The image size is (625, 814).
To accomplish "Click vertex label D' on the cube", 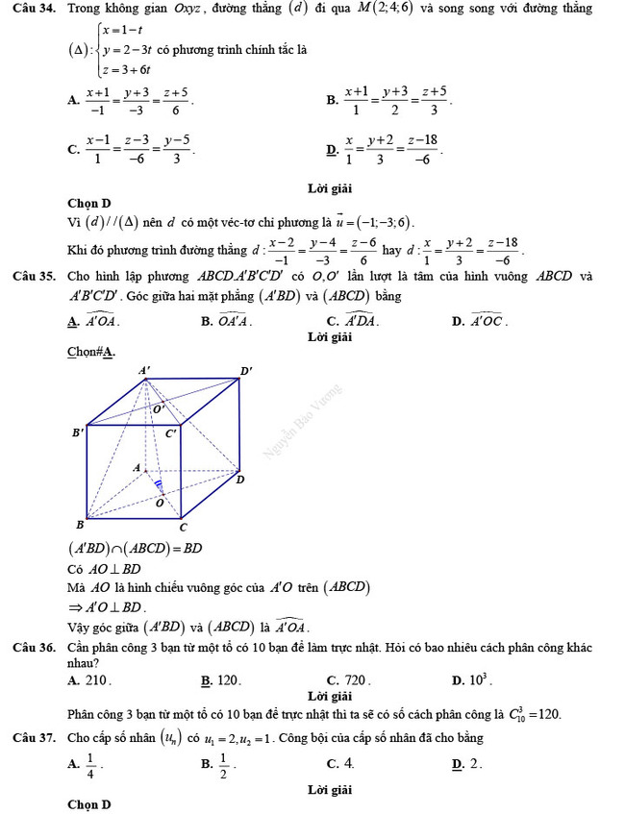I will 246,370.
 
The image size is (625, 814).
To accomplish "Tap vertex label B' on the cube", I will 78,432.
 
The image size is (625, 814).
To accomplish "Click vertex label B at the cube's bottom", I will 80,525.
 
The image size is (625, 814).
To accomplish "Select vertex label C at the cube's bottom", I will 183,527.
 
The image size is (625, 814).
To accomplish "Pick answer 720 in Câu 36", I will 357,680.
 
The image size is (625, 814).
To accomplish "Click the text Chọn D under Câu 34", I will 89,203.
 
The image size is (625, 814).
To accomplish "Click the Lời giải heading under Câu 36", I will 331,695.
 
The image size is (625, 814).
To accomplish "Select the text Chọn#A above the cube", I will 91,352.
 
